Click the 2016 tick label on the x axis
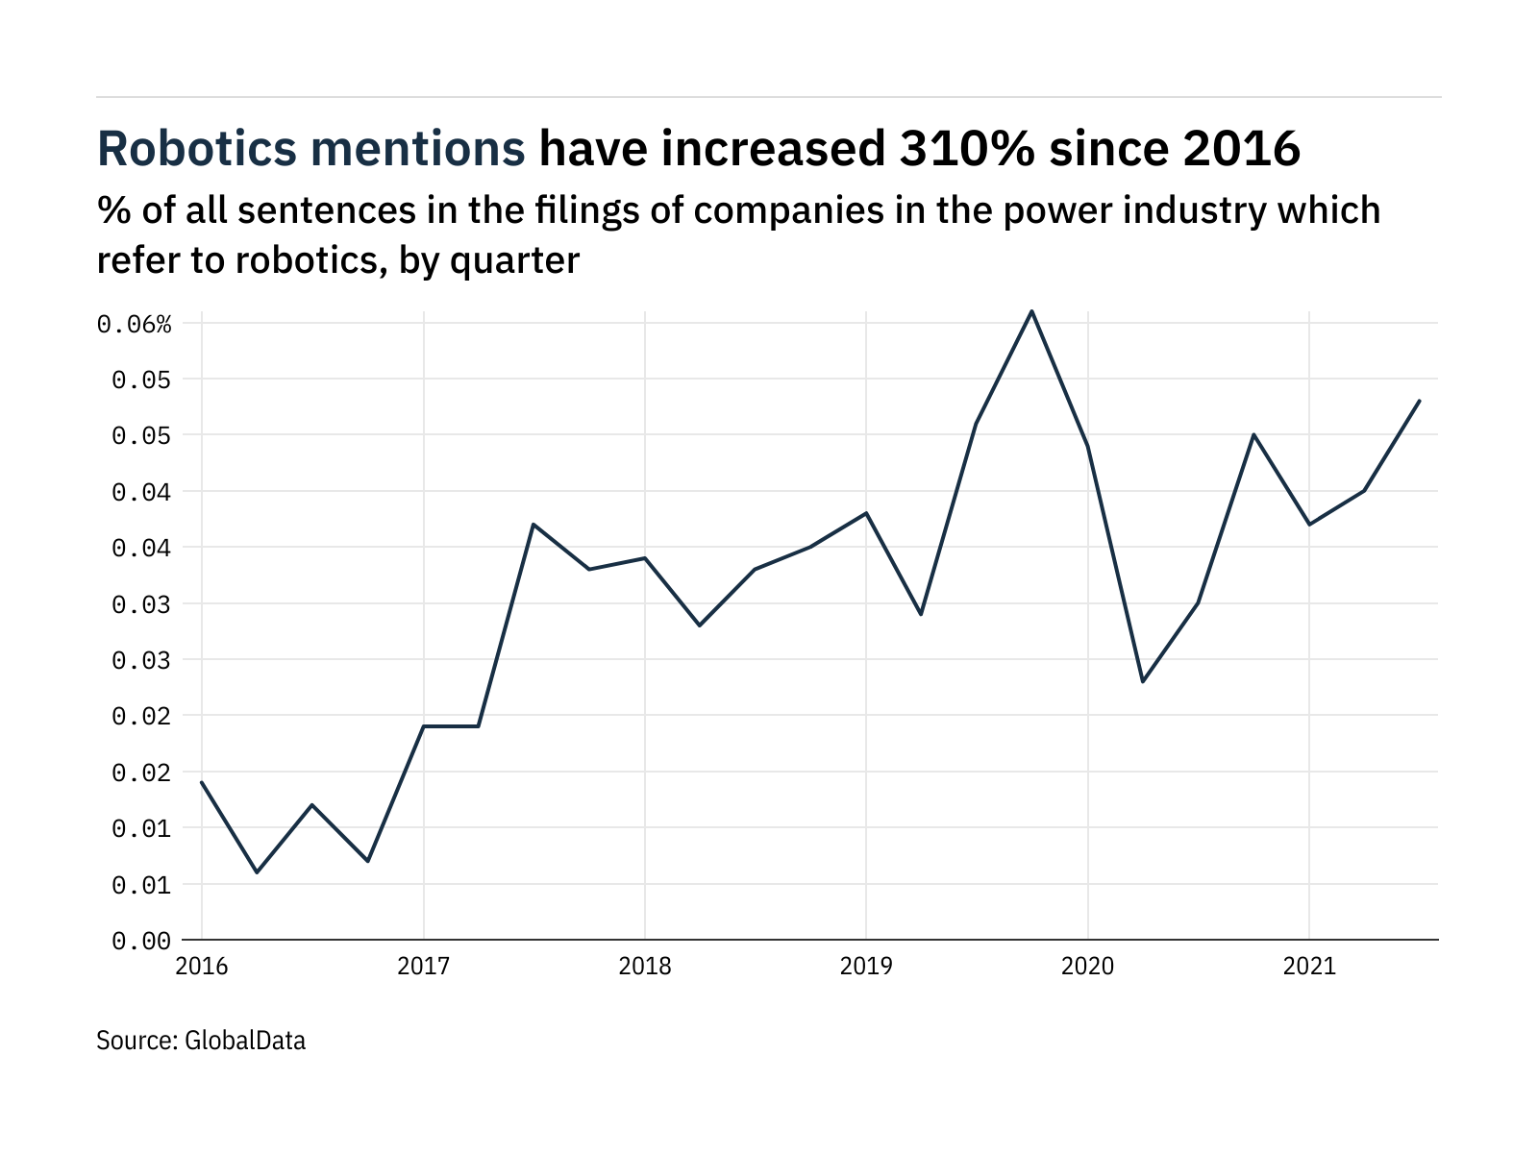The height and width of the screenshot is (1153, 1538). tap(202, 966)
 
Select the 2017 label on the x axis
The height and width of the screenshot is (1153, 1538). tap(423, 966)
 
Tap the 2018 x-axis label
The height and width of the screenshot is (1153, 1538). tap(645, 966)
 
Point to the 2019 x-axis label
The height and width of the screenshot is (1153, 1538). tap(866, 966)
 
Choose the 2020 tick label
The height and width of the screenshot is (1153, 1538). tap(1087, 966)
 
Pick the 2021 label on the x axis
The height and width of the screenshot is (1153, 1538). tap(1309, 966)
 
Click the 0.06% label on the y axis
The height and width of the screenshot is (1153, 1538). tap(135, 325)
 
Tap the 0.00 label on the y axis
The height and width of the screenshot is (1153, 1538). tap(141, 941)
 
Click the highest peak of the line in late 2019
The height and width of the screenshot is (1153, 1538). tap(1032, 311)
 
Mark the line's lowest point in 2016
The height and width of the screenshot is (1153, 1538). tap(257, 872)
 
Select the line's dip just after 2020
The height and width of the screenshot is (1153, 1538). tap(1143, 682)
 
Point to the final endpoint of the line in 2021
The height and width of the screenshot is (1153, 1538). tap(1420, 401)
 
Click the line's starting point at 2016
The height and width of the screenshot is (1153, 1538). tap(202, 782)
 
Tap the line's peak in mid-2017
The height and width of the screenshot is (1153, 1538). tap(533, 525)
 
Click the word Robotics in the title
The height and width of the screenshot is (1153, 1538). tap(198, 149)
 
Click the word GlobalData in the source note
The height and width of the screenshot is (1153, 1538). tap(245, 1041)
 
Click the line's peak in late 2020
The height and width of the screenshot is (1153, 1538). tap(1253, 434)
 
